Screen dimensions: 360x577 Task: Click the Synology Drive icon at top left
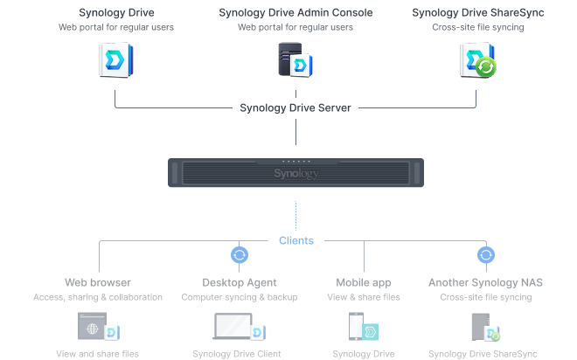pyautogui.click(x=115, y=61)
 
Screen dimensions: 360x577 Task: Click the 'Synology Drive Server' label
pyautogui.click(x=295, y=108)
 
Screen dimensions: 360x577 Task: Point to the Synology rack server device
pyautogui.click(x=295, y=172)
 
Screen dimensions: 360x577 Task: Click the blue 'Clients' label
pyautogui.click(x=295, y=239)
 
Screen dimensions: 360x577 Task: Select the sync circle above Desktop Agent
pyautogui.click(x=240, y=255)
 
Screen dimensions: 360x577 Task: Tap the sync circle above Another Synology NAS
pyautogui.click(x=486, y=255)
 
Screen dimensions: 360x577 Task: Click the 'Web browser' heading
pyautogui.click(x=98, y=282)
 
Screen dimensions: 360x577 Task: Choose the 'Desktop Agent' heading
pyautogui.click(x=240, y=282)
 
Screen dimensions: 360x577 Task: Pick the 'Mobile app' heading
pyautogui.click(x=364, y=282)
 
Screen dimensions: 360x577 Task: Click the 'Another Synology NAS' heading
pyautogui.click(x=486, y=282)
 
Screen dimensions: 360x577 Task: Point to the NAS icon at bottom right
pyautogui.click(x=482, y=328)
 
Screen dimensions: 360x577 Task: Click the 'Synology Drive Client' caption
pyautogui.click(x=240, y=354)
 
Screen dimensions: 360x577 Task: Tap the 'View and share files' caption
pyautogui.click(x=98, y=354)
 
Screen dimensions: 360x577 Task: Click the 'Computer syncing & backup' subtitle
pyautogui.click(x=240, y=297)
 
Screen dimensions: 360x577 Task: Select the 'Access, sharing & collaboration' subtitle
pyautogui.click(x=98, y=297)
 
